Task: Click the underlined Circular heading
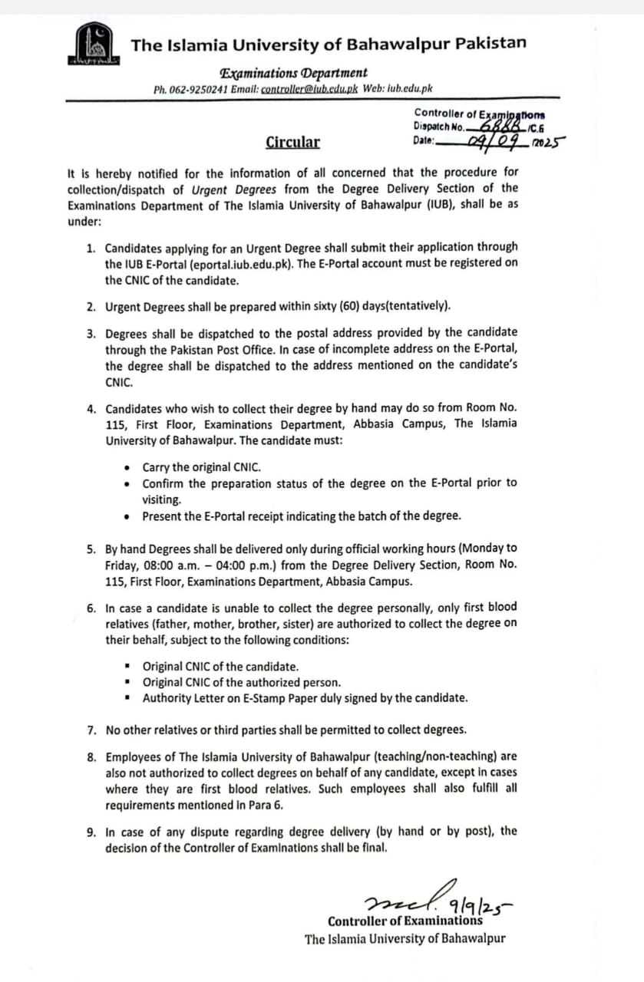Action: click(x=293, y=142)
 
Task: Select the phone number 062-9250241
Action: click(x=197, y=89)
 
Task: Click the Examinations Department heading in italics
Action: click(x=293, y=74)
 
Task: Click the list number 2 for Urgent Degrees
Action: click(x=91, y=306)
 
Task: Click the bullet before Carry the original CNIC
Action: click(x=127, y=467)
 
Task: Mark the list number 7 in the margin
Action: click(x=91, y=729)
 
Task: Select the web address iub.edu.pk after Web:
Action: click(x=410, y=89)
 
